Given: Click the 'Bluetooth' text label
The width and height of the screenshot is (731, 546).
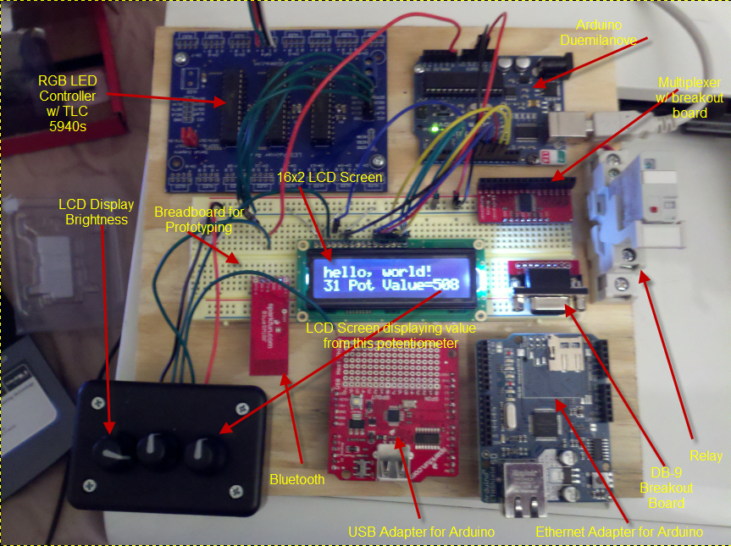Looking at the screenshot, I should click(296, 479).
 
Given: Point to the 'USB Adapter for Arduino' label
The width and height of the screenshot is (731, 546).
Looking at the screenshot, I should click(421, 532).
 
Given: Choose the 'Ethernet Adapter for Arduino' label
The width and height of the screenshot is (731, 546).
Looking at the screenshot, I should click(619, 532).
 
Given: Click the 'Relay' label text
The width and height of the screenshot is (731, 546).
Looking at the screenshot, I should click(706, 455).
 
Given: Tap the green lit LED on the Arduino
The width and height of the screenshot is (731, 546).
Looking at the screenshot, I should click(435, 130).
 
